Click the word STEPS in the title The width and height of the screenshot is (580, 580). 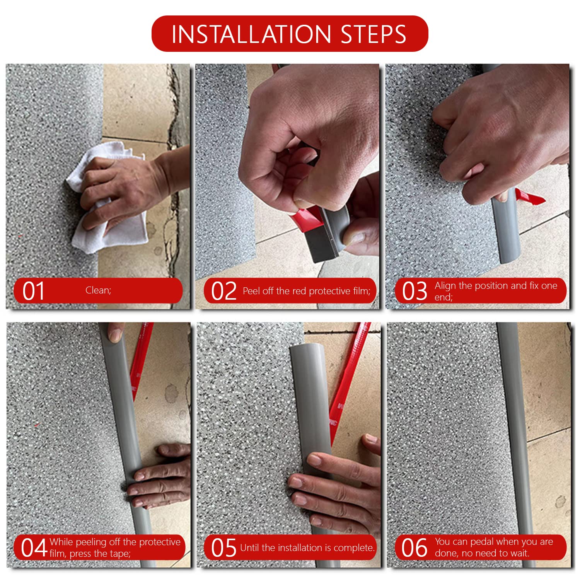(374, 34)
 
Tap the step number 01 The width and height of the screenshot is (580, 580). (33, 291)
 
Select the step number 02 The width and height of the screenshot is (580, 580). (224, 291)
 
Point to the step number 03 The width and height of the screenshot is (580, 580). (415, 291)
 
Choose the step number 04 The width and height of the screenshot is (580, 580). (34, 548)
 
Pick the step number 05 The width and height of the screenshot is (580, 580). (223, 548)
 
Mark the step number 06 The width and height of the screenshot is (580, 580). (414, 548)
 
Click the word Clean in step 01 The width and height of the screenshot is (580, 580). (97, 290)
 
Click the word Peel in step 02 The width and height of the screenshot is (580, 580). (251, 291)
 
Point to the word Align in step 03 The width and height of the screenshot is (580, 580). (445, 286)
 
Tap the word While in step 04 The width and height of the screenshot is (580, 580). (61, 542)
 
